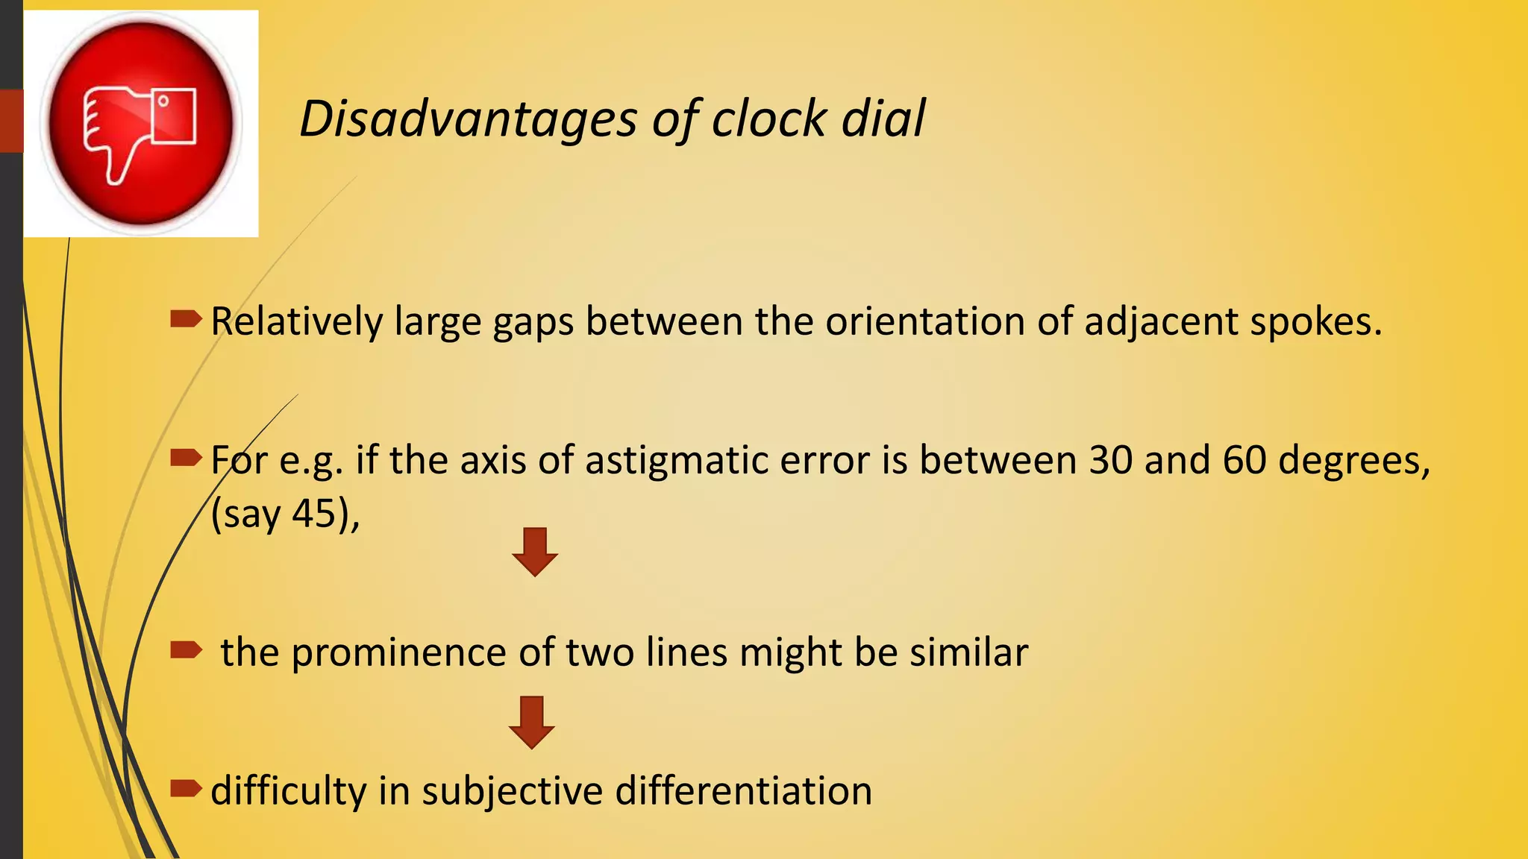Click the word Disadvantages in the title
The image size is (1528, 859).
pos(469,119)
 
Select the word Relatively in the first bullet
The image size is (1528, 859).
pos(296,322)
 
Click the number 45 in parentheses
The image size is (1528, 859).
pos(313,514)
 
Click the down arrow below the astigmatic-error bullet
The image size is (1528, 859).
pos(535,553)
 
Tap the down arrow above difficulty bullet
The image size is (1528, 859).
pos(531,722)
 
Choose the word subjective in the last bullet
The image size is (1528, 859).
pos(512,791)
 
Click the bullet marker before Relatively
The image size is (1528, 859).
pos(186,320)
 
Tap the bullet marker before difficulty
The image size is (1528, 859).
pos(186,788)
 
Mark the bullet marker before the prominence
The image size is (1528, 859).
pos(186,650)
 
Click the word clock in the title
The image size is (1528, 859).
pos(769,119)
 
